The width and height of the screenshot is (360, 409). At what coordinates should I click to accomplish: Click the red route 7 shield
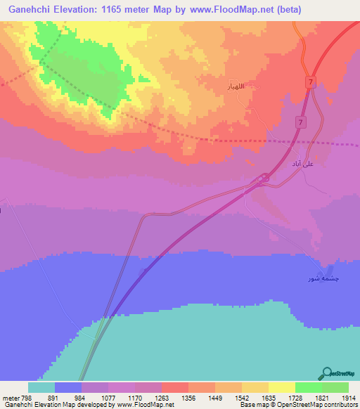point(310,83)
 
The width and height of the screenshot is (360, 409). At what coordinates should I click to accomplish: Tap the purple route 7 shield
point(300,123)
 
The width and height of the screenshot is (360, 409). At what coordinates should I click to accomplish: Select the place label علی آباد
point(302,163)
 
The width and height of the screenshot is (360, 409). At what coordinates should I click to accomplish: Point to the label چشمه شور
point(320,278)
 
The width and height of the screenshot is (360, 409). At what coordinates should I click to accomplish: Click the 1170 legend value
point(134,398)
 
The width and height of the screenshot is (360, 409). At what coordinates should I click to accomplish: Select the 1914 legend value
point(348,398)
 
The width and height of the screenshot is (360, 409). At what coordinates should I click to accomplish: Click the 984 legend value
point(81,398)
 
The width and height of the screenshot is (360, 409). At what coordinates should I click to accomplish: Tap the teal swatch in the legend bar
point(41,387)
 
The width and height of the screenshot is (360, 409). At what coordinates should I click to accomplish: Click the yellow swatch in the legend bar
point(281,387)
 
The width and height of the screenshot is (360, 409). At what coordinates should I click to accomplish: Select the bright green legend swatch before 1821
point(308,387)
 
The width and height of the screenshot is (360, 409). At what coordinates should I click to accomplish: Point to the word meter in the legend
point(10,398)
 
